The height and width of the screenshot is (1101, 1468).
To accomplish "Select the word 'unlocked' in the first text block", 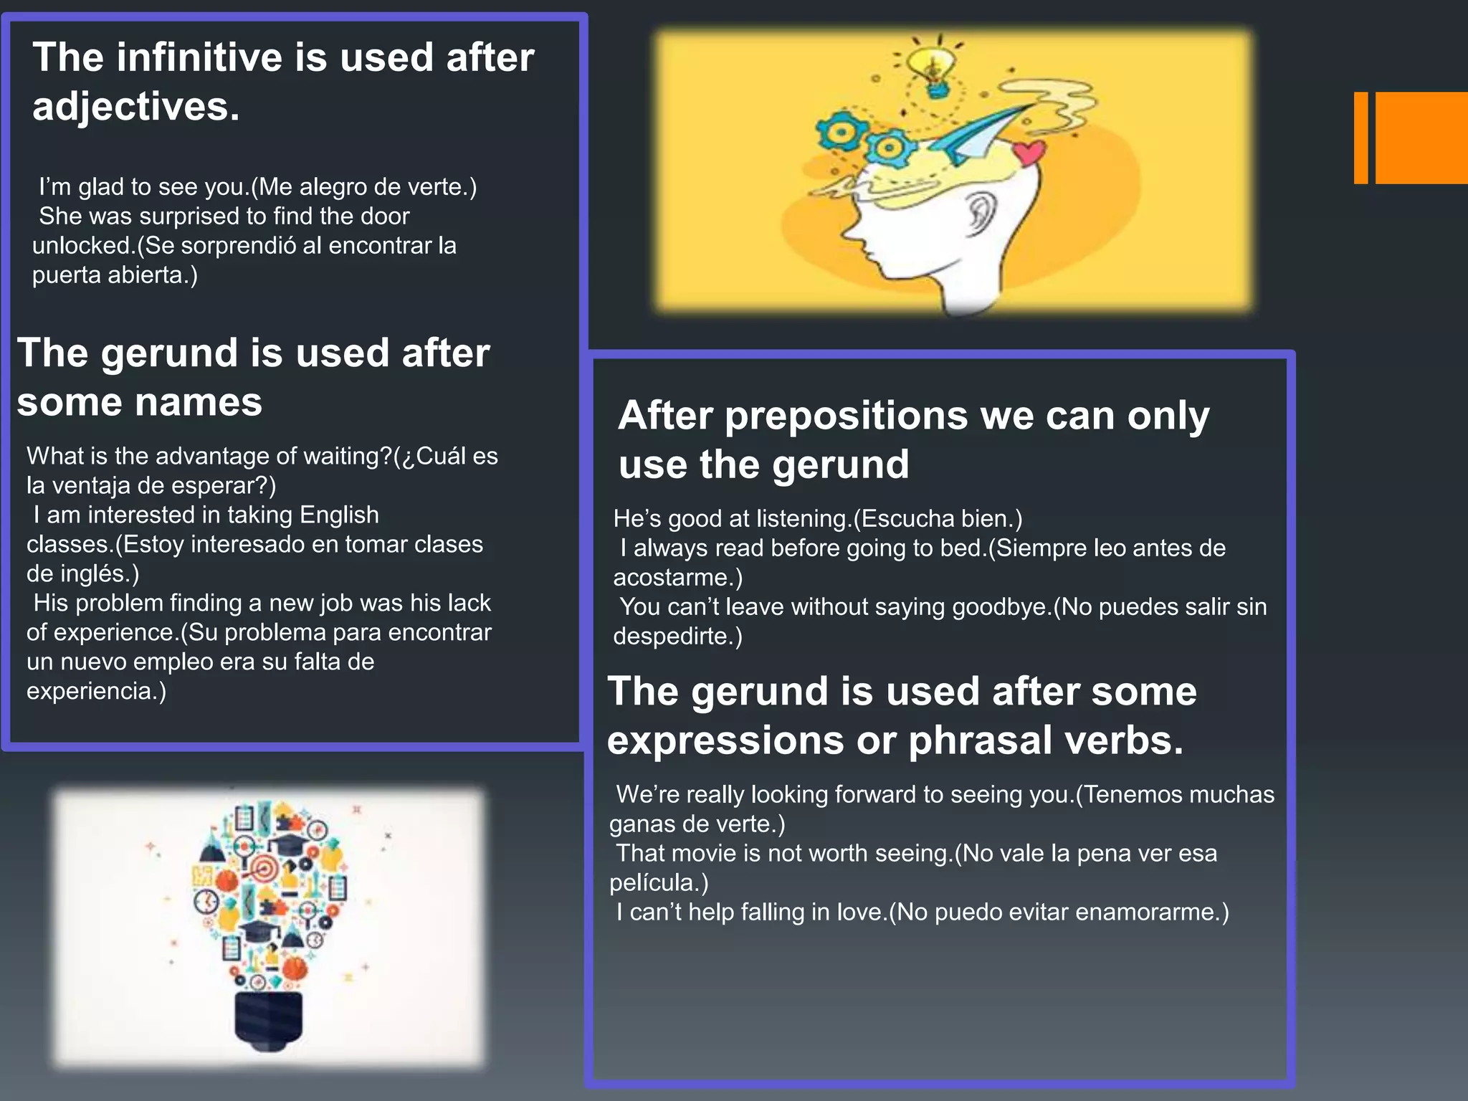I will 80,246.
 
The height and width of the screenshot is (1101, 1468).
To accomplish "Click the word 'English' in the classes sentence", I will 339,515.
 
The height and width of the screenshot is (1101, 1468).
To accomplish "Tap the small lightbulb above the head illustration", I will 933,66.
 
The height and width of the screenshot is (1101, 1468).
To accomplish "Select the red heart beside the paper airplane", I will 1029,151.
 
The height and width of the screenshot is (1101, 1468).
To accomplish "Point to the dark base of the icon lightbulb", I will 269,1021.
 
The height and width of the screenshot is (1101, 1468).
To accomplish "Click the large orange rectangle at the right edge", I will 1421,138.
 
